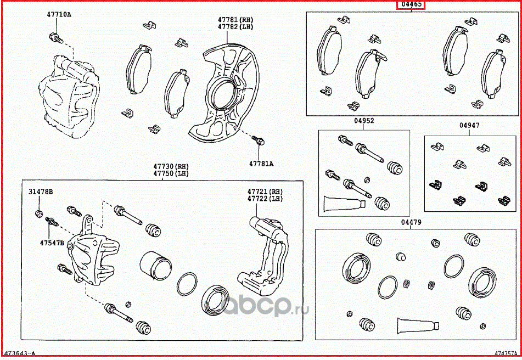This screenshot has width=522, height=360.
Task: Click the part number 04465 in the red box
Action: (x=411, y=5)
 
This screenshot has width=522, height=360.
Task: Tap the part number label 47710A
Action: (x=59, y=15)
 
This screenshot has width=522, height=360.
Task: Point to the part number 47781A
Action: (x=261, y=164)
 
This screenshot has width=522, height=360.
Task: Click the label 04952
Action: (x=363, y=121)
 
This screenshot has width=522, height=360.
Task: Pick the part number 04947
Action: (x=469, y=126)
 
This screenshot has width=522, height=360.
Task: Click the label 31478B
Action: (x=41, y=192)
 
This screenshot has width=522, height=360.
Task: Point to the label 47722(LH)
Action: (x=265, y=199)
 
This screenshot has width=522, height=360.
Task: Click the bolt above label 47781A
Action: (x=260, y=141)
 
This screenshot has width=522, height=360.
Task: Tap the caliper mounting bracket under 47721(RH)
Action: (x=266, y=258)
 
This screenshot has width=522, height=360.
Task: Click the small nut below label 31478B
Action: (x=38, y=212)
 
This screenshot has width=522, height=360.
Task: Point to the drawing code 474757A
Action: (x=506, y=355)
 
